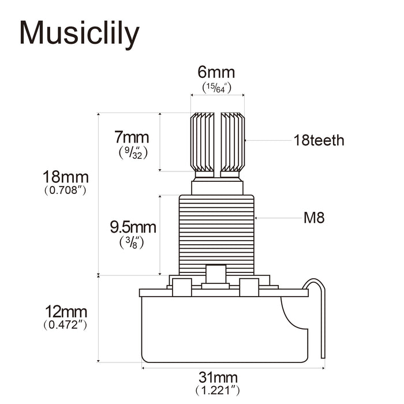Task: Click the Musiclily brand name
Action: pos(80,33)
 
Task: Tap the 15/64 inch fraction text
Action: pos(216,87)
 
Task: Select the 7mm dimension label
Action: pos(132,137)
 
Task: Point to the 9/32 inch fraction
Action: pos(132,153)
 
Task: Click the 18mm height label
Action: pos(65,175)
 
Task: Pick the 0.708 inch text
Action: pos(65,190)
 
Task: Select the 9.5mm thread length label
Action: pos(133,227)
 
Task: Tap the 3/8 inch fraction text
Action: pos(132,242)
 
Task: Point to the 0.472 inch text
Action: pos(65,326)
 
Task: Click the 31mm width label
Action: pos(217,377)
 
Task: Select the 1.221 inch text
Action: pos(217,391)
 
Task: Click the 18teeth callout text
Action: pos(319,140)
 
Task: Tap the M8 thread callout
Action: pos(315,218)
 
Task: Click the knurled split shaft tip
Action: pos(218,142)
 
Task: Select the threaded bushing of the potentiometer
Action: pos(217,234)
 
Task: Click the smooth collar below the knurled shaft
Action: pos(217,186)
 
